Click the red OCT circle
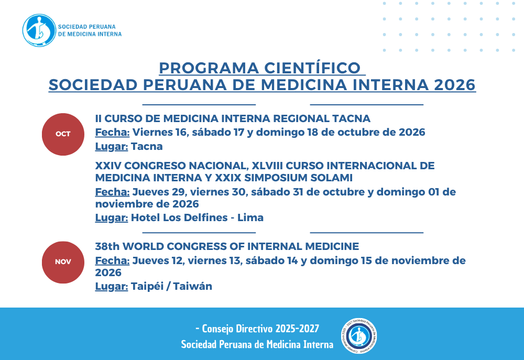(x=63, y=134)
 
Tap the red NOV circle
(x=63, y=263)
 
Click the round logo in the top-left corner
(x=39, y=30)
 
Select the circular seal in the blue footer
(x=359, y=336)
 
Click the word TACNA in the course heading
(x=351, y=118)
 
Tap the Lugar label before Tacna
(x=112, y=146)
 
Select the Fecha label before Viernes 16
(x=112, y=133)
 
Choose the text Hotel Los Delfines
(x=179, y=217)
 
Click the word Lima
(x=250, y=217)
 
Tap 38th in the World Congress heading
(x=107, y=246)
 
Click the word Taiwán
(x=192, y=287)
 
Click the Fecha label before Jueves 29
(x=112, y=192)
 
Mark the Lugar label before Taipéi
(x=112, y=287)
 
